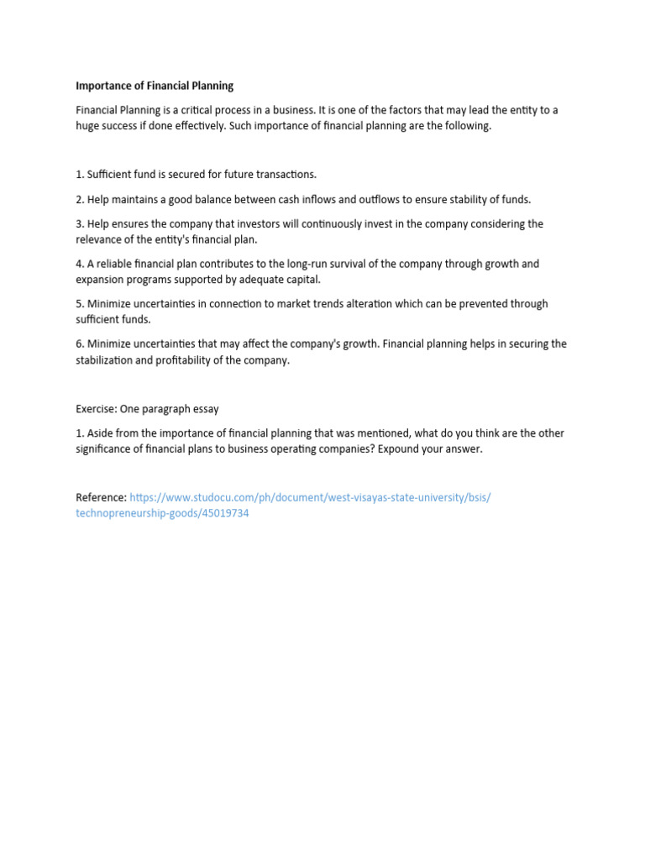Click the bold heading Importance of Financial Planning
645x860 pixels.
pyautogui.click(x=155, y=86)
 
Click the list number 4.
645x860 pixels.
pyautogui.click(x=79, y=264)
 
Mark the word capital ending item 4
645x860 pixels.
pyautogui.click(x=301, y=279)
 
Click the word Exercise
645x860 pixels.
pyautogui.click(x=95, y=409)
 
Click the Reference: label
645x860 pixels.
pyautogui.click(x=101, y=497)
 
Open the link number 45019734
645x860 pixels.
pyautogui.click(x=222, y=513)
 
